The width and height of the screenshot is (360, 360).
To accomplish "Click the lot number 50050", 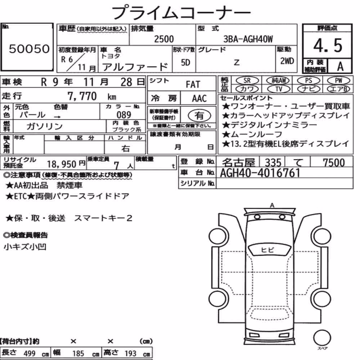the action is (29, 49).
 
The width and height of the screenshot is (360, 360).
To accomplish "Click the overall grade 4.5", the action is (328, 45).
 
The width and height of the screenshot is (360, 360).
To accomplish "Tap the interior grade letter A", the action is (340, 67).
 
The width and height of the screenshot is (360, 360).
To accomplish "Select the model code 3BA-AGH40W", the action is (248, 39).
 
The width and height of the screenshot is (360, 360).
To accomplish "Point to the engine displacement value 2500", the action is (164, 39).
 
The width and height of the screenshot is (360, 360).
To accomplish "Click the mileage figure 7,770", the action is (82, 96).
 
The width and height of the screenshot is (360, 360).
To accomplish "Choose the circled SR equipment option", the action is (247, 81).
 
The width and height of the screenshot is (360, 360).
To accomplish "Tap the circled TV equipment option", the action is (279, 89).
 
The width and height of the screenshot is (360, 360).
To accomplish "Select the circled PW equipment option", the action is (339, 81).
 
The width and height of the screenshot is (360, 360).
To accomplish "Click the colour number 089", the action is (124, 114).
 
